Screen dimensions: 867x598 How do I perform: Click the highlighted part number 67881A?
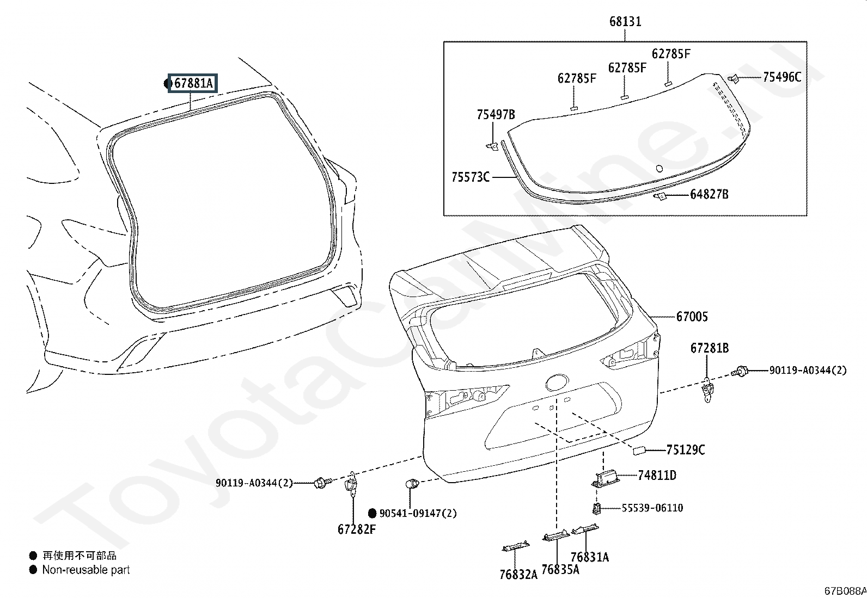coord(193,83)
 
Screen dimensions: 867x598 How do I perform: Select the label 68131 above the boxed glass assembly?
coord(625,21)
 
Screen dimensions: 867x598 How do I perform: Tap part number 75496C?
coord(782,77)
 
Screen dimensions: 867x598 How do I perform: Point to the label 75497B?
coord(496,114)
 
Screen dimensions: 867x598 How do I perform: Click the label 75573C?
coord(471,177)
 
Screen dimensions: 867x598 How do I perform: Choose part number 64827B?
coord(709,194)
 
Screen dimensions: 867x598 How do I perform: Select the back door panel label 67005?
coord(692,317)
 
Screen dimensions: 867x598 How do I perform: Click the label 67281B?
coord(710,348)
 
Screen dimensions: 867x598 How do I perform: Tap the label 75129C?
coord(686,450)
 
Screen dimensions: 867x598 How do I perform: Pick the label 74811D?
coord(657,475)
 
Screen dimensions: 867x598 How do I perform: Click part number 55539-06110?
coord(652,508)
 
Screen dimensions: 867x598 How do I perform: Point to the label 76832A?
coord(518,575)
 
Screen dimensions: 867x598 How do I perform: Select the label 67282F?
coord(357,529)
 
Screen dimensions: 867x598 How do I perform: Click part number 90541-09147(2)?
coord(418,513)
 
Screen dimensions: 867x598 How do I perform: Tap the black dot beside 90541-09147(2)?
coord(372,513)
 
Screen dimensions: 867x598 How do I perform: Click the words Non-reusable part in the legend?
coord(86,570)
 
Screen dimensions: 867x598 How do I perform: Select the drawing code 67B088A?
coord(845,591)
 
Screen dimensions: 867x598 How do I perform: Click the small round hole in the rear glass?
coord(660,168)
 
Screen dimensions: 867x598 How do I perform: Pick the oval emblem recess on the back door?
coord(557,383)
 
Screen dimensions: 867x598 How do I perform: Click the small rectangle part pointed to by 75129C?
coord(639,450)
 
